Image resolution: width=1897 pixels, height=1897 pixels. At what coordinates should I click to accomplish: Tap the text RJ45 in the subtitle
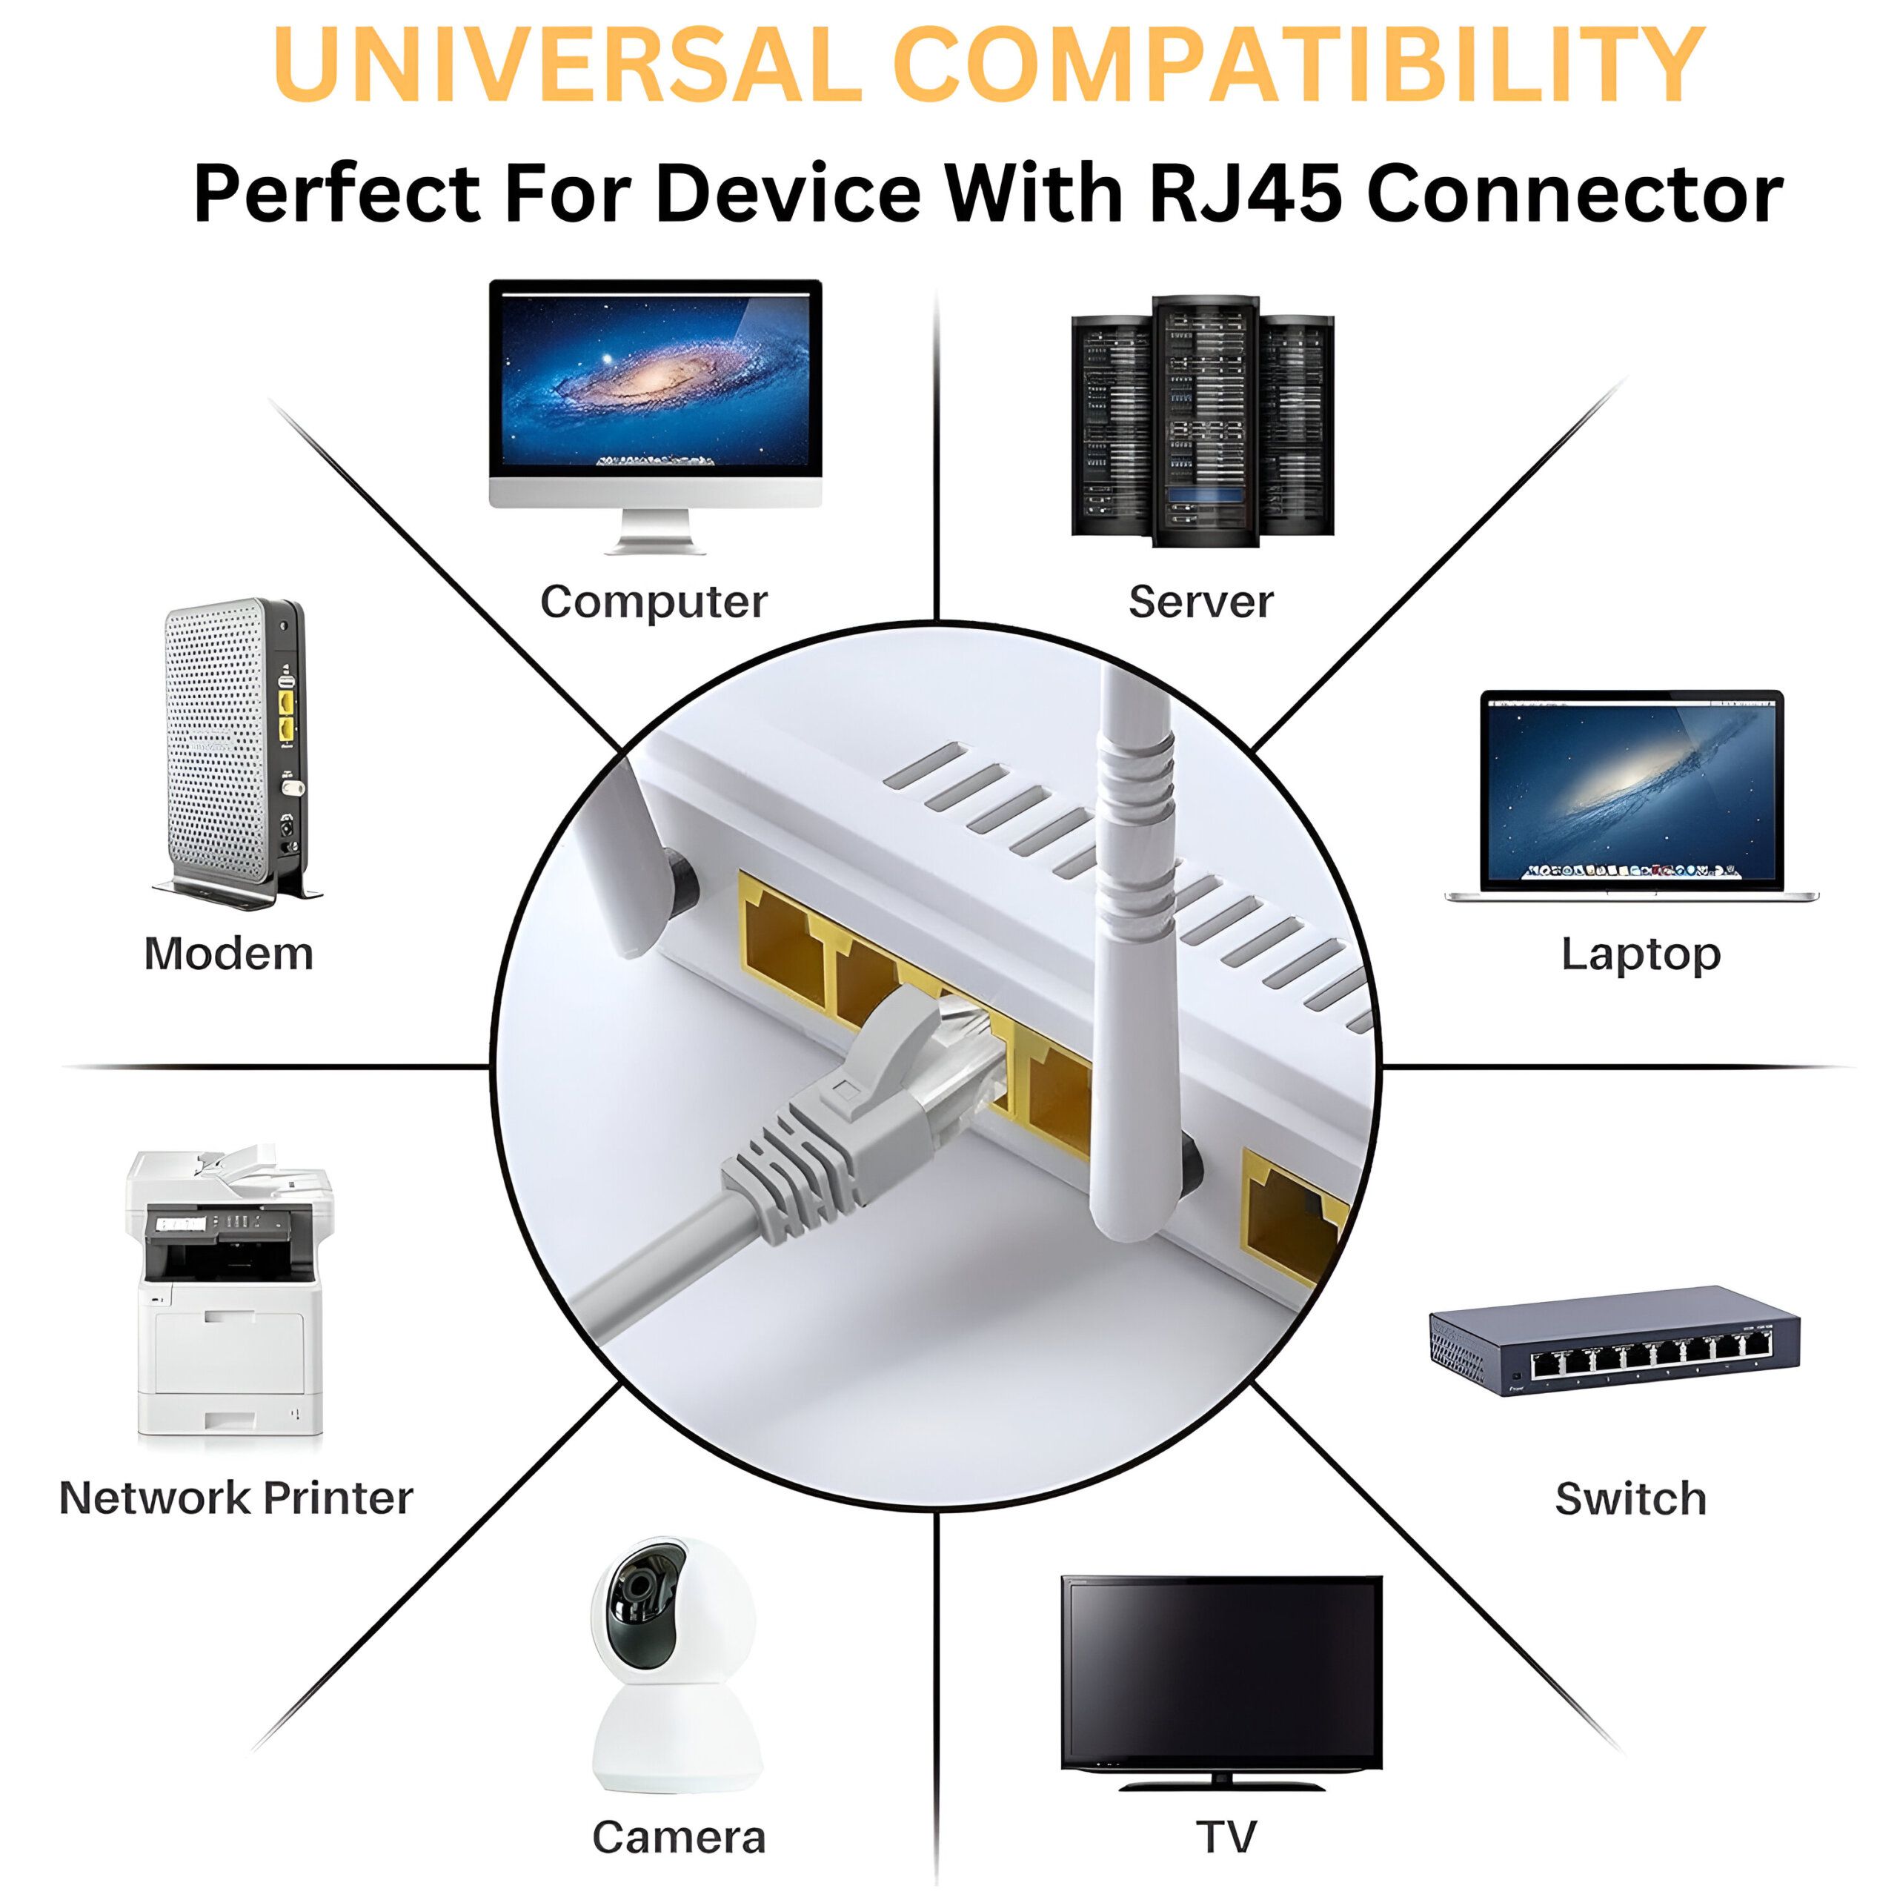point(1245,193)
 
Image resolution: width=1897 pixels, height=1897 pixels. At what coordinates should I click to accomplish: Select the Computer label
point(653,602)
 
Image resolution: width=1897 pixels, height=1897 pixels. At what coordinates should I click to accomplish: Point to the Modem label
point(229,954)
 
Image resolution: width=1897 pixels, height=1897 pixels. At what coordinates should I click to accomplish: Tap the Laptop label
point(1641,954)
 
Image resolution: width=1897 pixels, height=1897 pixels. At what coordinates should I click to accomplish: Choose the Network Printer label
point(236,1498)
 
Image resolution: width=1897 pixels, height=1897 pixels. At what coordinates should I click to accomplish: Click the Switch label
point(1631,1499)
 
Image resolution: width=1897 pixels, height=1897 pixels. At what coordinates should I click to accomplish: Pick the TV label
point(1226,1838)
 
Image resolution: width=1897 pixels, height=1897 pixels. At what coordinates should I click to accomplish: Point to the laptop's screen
point(1632,791)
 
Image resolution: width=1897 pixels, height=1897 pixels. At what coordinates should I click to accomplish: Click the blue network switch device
point(1614,1341)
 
